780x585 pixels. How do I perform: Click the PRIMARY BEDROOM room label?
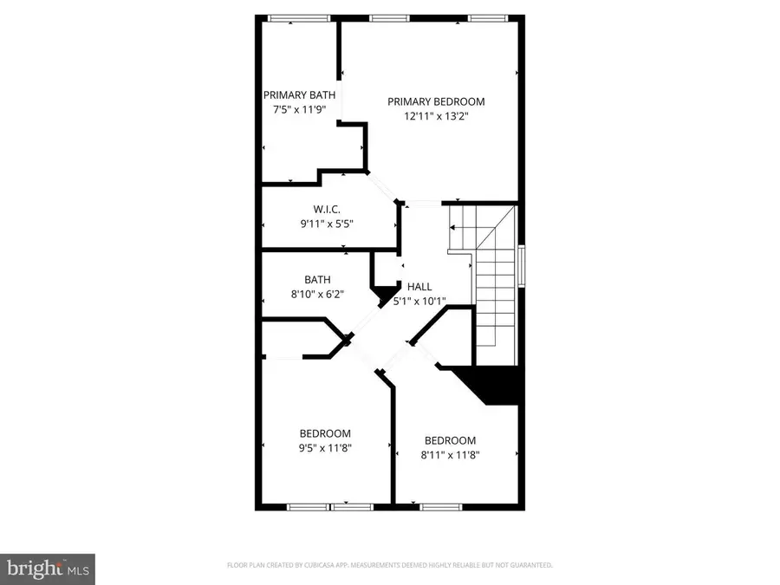pos(436,101)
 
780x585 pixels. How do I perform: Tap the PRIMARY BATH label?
pos(300,95)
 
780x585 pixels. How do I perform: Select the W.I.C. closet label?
pos(327,210)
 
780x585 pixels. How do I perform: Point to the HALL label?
pos(419,287)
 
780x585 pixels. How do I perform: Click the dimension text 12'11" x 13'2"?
pos(436,116)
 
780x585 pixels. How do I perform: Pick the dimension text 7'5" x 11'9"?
pos(300,109)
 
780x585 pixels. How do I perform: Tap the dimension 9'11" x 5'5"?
pos(327,224)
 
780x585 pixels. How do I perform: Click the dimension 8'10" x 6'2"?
pos(317,294)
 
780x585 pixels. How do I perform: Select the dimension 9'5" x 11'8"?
pos(325,448)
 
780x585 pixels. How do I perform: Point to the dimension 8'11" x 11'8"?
pos(450,455)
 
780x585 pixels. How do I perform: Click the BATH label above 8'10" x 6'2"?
pos(317,280)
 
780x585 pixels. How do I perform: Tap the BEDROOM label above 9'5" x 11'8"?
pos(325,433)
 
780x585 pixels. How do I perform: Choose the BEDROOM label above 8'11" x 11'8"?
pos(450,440)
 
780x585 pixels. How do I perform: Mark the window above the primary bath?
pos(299,18)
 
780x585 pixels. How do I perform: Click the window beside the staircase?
pos(522,266)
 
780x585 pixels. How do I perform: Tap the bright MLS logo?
pos(48,569)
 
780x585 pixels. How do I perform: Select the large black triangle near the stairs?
pos(490,385)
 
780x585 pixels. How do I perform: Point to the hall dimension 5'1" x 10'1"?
pos(419,301)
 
